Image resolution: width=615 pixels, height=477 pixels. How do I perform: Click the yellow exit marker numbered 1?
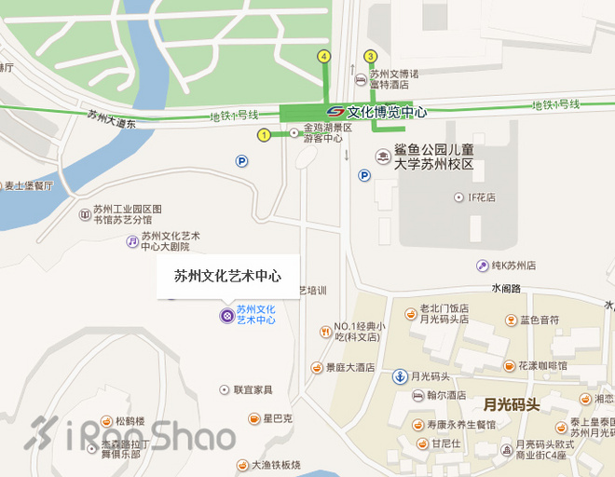[264, 135]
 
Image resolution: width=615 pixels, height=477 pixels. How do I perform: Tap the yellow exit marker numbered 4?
[323, 56]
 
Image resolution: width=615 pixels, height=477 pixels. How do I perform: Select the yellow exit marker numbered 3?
[370, 56]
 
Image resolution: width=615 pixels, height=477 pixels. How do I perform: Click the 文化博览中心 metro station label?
[387, 112]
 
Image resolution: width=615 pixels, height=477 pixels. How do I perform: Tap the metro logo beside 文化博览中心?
[335, 112]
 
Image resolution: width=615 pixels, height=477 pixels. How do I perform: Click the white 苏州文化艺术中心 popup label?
[228, 276]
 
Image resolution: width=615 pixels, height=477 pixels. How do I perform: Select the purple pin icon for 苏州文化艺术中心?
[225, 315]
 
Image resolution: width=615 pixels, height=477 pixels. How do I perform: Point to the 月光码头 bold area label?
[512, 404]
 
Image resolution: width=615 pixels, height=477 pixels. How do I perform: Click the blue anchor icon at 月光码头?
[398, 376]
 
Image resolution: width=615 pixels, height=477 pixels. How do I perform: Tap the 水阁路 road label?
[506, 288]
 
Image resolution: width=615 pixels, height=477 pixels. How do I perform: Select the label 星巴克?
[277, 419]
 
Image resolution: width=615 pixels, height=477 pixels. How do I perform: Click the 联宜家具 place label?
[253, 389]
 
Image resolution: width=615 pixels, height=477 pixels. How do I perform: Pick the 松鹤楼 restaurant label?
[130, 421]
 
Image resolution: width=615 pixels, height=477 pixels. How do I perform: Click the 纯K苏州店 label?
[512, 266]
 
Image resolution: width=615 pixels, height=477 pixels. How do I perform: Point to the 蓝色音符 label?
[540, 320]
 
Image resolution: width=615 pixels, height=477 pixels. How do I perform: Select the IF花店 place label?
[481, 198]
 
